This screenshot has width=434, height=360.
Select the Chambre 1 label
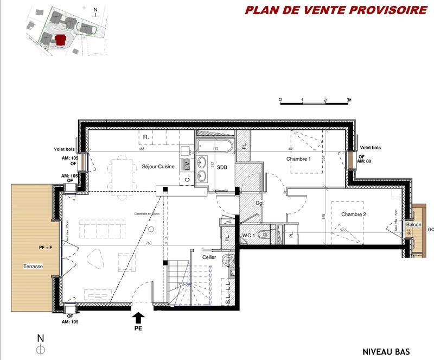click(x=298, y=159)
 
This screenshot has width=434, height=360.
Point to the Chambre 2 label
click(x=354, y=214)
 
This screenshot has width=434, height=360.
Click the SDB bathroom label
click(x=222, y=168)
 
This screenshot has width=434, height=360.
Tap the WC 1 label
click(x=248, y=235)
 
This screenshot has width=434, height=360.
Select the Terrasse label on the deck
click(x=33, y=267)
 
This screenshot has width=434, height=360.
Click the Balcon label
click(x=414, y=224)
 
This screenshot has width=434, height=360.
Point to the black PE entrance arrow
click(x=139, y=317)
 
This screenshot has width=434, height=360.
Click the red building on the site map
click(x=61, y=39)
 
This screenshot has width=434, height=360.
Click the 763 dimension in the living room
click(x=148, y=243)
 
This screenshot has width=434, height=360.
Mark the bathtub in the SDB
click(x=215, y=147)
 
